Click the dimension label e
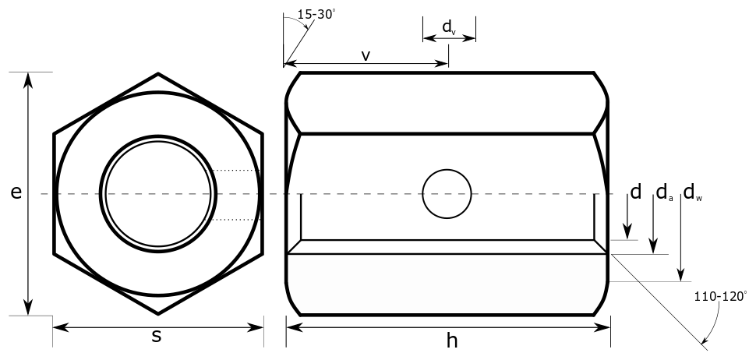16,193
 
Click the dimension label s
157,337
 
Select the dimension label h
452,340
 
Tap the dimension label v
366,55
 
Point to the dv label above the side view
449,27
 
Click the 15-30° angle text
315,14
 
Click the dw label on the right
692,192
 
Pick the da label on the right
664,192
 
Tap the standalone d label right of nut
636,192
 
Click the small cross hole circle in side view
447,193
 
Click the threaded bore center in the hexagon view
158,194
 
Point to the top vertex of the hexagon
158,74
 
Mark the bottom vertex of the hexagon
158,313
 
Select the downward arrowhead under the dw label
682,275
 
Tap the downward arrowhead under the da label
654,248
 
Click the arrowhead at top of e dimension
30,78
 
